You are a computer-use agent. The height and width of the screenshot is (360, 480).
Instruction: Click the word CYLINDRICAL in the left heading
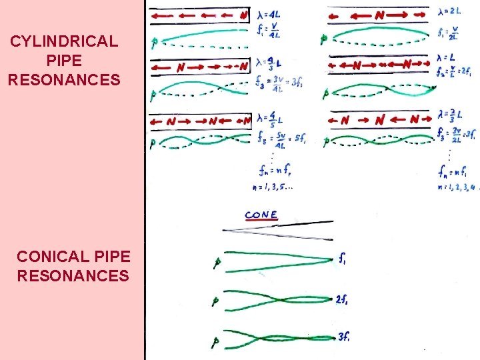64,41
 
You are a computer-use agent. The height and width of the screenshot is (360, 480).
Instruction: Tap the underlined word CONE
261,215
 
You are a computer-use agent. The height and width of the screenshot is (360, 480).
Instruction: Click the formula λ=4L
269,13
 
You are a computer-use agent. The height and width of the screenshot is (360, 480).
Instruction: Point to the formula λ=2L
451,11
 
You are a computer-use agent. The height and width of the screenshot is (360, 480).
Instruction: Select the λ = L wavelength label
447,58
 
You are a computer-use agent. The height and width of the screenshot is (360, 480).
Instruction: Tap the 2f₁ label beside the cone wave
343,299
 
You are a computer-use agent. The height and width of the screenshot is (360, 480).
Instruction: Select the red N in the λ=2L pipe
379,14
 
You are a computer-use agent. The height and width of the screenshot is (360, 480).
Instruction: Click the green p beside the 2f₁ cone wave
215,301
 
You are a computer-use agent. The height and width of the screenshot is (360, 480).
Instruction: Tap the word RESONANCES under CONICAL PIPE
73,275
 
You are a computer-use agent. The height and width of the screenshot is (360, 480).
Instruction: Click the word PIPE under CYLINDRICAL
64,61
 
